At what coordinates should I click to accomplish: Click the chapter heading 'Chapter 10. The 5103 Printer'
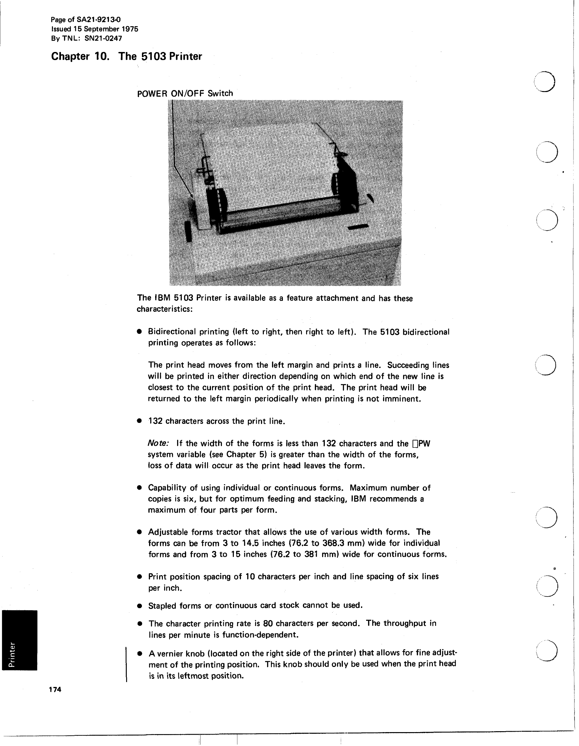coord(126,56)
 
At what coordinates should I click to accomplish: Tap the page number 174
coord(55,689)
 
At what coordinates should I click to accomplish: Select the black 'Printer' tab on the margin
coord(19,640)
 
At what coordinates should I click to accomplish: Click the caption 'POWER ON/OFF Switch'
coord(185,93)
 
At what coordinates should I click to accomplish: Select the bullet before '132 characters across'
coord(139,421)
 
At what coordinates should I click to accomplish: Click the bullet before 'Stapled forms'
coord(139,606)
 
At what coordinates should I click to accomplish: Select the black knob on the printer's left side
coord(188,231)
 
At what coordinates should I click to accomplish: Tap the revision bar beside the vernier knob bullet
coord(127,664)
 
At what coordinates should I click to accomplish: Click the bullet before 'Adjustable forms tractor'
coord(139,532)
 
